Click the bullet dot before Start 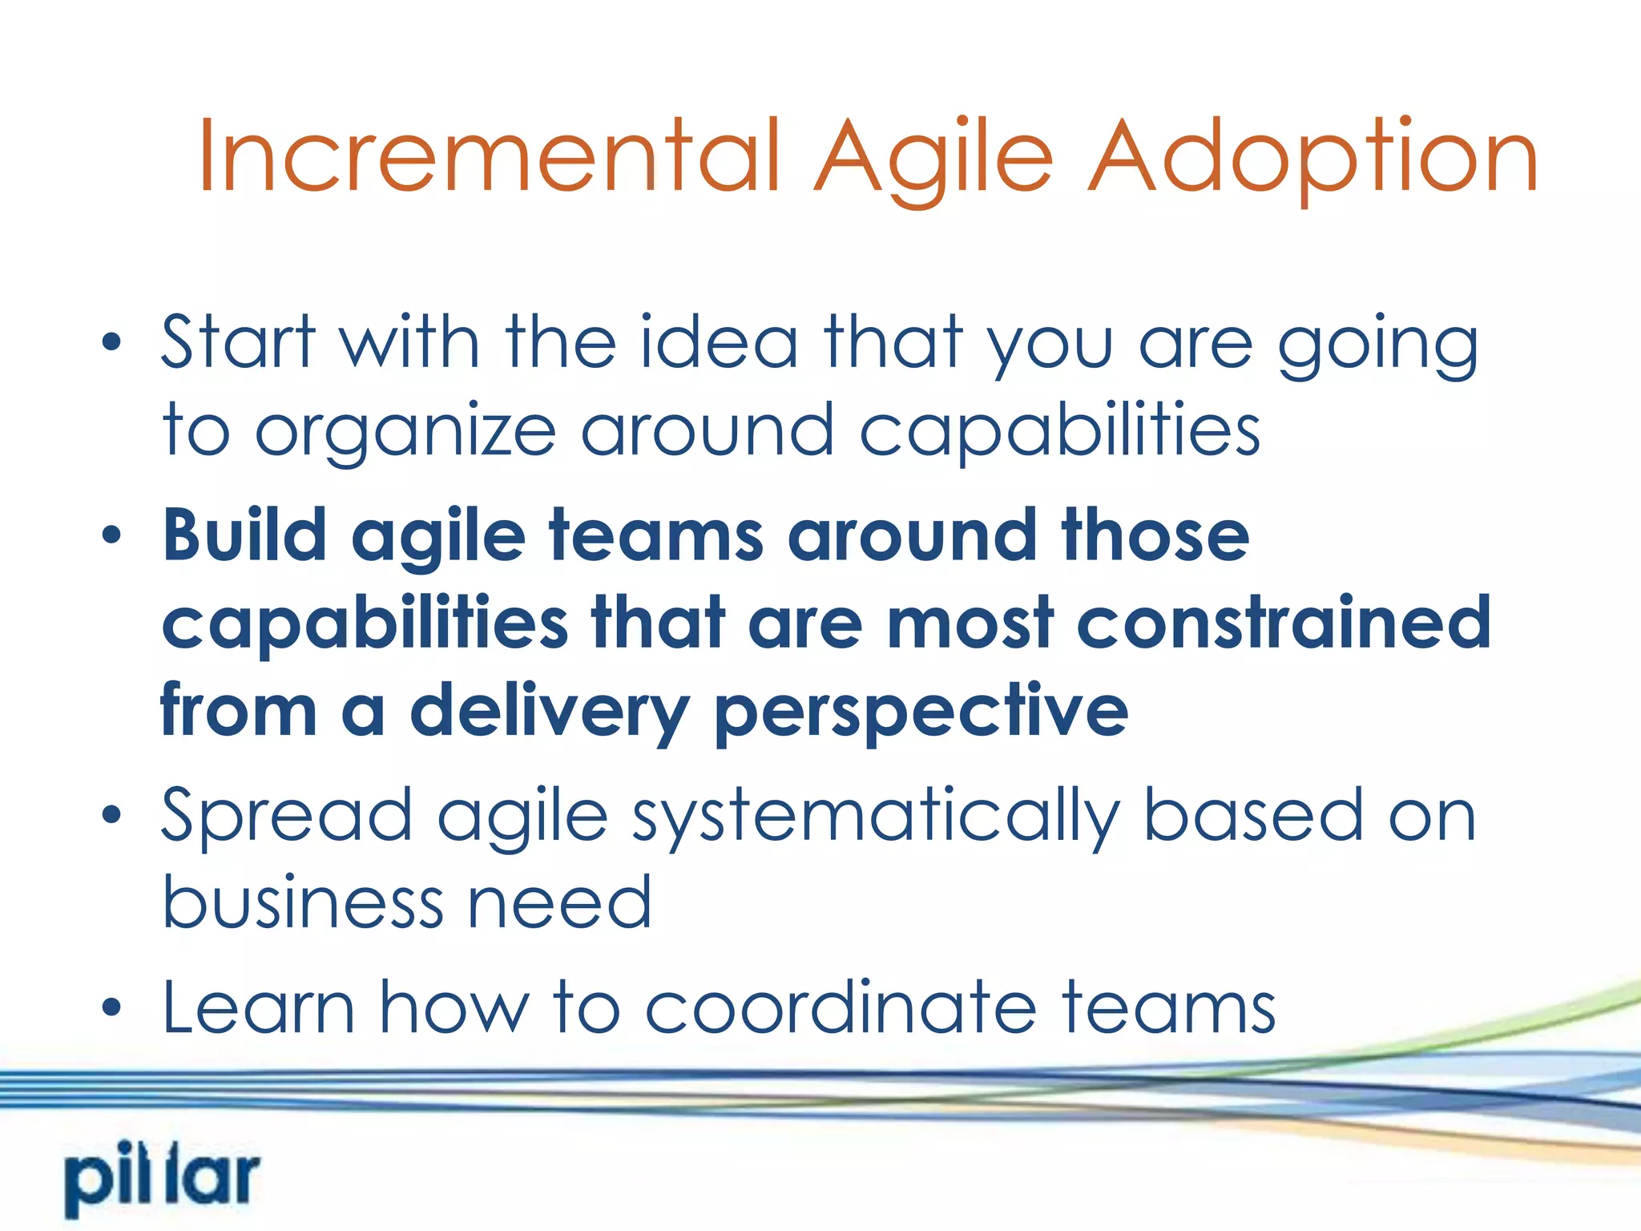pyautogui.click(x=111, y=344)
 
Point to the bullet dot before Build pyautogui.click(x=111, y=535)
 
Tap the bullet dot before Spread pyautogui.click(x=111, y=816)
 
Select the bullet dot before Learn pyautogui.click(x=111, y=1007)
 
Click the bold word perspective pyautogui.click(x=921, y=712)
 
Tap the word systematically pyautogui.click(x=875, y=816)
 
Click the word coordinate pyautogui.click(x=841, y=1007)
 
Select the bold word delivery pyautogui.click(x=550, y=712)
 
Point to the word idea pyautogui.click(x=719, y=344)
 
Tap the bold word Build pyautogui.click(x=244, y=535)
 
